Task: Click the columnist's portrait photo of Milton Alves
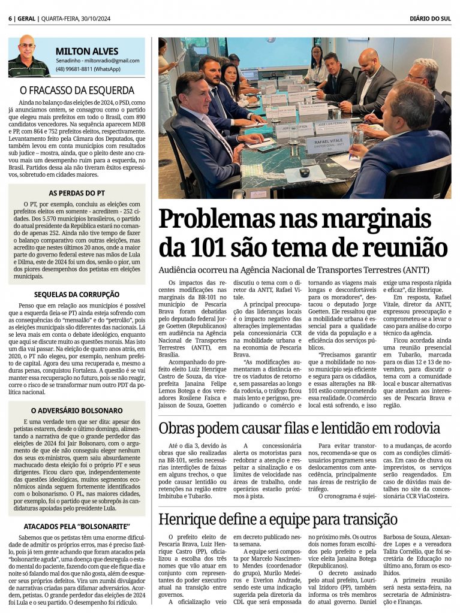[29, 57]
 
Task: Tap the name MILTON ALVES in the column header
[87, 51]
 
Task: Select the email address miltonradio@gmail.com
[114, 61]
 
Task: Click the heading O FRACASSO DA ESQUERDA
[77, 90]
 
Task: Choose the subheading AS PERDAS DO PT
[77, 193]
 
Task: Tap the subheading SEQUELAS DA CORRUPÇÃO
[77, 294]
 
